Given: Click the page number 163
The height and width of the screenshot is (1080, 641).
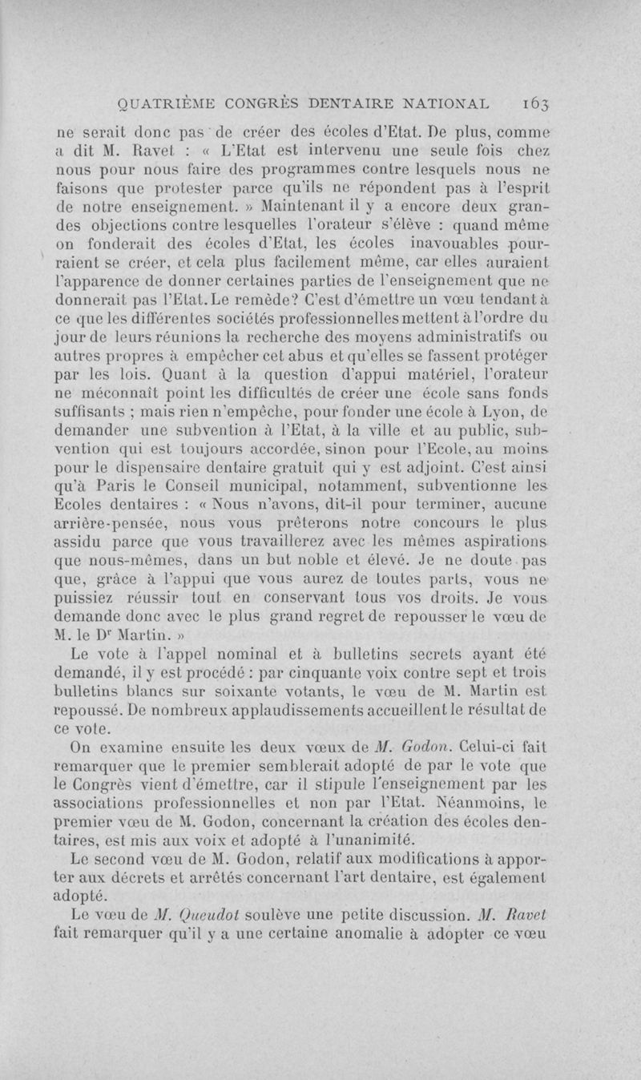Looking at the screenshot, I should pos(532,102).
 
